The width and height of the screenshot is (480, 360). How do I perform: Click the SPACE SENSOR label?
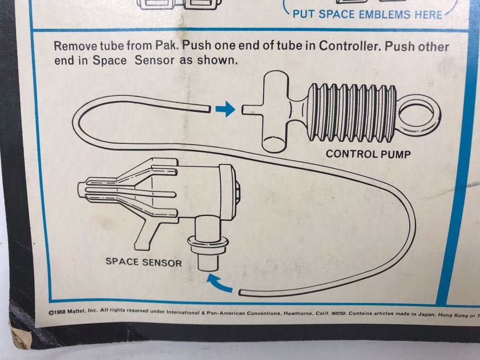click(x=143, y=262)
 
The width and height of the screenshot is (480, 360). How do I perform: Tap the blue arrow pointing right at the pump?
click(x=225, y=110)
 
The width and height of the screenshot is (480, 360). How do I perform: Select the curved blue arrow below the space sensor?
click(x=220, y=283)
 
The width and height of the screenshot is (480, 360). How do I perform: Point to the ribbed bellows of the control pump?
click(x=352, y=111)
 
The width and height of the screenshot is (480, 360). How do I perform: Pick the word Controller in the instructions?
click(x=348, y=46)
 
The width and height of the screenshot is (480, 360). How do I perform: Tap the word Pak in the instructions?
click(x=166, y=46)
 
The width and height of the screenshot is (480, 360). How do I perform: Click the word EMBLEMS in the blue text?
click(x=383, y=14)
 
